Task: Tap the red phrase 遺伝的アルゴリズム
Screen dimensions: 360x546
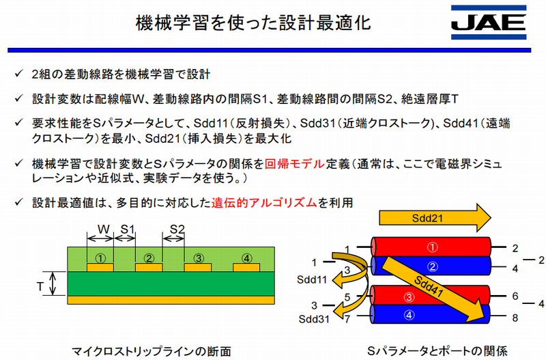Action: pos(266,203)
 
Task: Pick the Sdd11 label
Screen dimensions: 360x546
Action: pos(311,279)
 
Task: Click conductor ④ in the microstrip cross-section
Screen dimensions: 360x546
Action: pos(246,259)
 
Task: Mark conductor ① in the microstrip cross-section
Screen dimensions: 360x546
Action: pos(100,259)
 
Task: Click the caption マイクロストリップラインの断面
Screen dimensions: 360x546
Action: pos(151,350)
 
